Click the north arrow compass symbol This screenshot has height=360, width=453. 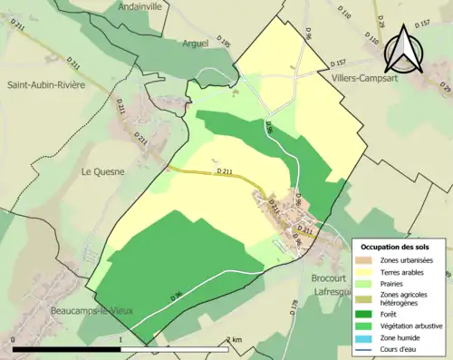click(x=402, y=50)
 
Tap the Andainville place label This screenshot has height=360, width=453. click(x=147, y=6)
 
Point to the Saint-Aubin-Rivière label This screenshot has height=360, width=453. click(x=46, y=85)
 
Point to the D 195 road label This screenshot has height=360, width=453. click(x=224, y=43)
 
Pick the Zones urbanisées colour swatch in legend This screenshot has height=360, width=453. click(x=365, y=259)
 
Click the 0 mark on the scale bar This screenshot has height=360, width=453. click(x=14, y=339)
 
